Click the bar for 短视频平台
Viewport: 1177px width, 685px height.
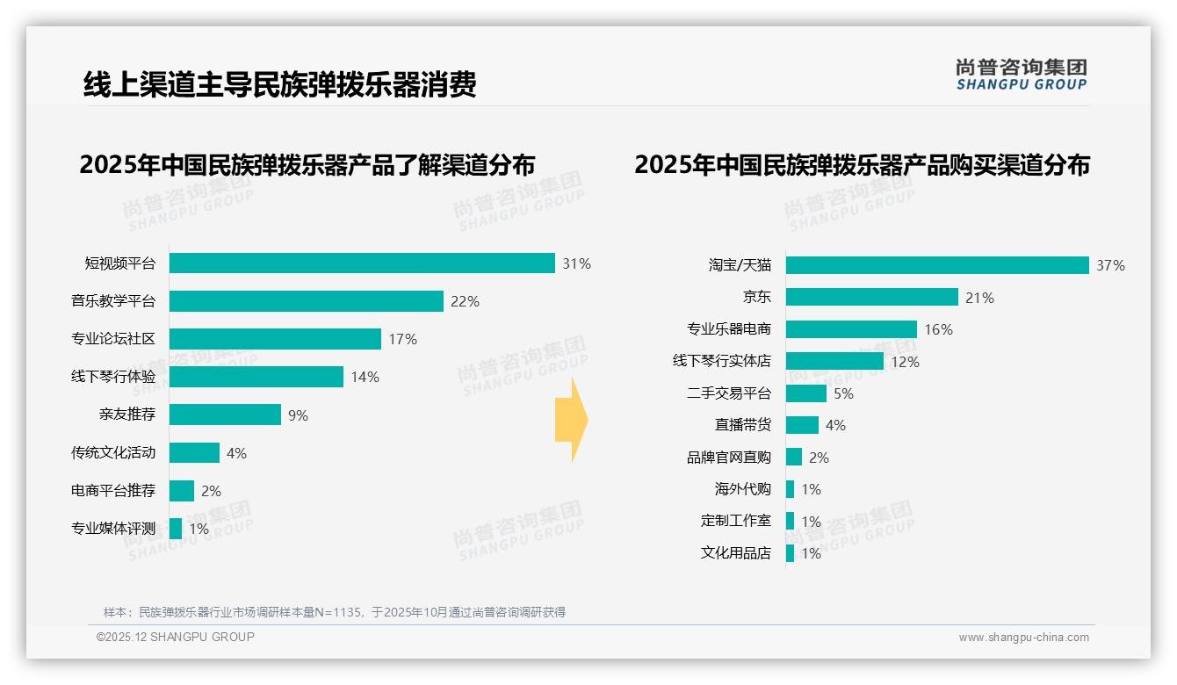click(x=362, y=263)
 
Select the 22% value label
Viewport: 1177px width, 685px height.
click(x=465, y=301)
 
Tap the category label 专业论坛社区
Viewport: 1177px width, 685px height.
click(x=113, y=339)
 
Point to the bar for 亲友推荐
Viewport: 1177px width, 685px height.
click(x=225, y=415)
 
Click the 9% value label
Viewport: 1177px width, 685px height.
click(x=299, y=415)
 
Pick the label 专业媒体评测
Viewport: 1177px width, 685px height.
click(x=113, y=528)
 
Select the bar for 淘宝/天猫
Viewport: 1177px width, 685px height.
click(x=937, y=265)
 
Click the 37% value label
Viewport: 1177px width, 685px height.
click(x=1110, y=265)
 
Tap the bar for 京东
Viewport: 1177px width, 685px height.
click(x=871, y=297)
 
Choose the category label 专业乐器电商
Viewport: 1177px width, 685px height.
click(x=728, y=329)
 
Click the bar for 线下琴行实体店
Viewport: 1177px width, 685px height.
click(x=834, y=361)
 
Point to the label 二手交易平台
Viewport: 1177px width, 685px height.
click(x=728, y=393)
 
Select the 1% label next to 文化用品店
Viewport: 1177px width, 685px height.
click(x=811, y=553)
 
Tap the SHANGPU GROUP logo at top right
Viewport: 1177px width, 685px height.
click(x=1021, y=75)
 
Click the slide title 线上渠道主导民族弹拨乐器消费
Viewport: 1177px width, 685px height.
click(x=279, y=85)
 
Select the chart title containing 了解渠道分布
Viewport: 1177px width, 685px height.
click(x=307, y=164)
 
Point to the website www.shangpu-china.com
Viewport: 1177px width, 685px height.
click(x=1023, y=638)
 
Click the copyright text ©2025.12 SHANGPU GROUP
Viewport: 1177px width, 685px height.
click(x=176, y=637)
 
